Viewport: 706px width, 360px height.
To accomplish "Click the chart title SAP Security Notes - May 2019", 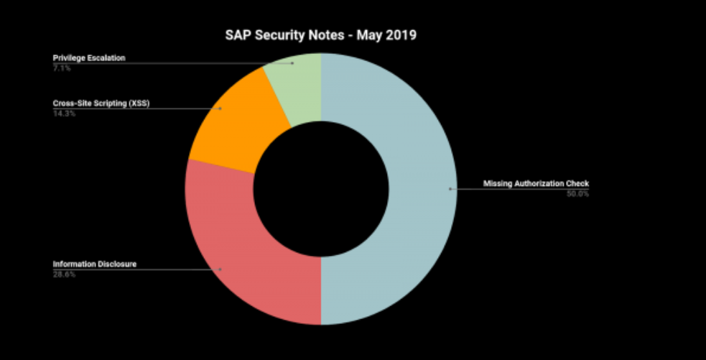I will [321, 34].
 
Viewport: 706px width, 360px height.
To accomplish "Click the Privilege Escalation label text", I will [89, 57].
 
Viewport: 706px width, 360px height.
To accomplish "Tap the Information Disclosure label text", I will [94, 264].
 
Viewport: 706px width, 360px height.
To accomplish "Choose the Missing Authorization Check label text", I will [536, 183].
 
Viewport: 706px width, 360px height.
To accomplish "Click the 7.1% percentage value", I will [62, 67].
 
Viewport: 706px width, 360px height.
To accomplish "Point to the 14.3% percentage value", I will [63, 113].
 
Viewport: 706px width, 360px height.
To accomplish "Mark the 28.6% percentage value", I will [63, 274].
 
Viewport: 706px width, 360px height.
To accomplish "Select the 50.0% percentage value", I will [577, 193].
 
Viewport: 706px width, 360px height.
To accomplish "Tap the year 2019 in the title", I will [400, 34].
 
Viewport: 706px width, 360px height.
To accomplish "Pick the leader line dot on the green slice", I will [293, 63].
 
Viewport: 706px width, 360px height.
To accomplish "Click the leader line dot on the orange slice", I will [220, 109].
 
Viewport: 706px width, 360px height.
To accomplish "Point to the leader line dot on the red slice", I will [220, 269].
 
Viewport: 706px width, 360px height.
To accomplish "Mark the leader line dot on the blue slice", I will [450, 189].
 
